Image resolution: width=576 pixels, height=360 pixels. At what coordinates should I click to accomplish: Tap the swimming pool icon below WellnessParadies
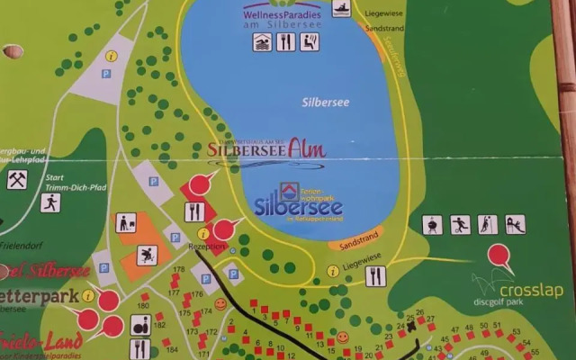[262, 42]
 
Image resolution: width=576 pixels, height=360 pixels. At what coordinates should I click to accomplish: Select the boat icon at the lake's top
[342, 9]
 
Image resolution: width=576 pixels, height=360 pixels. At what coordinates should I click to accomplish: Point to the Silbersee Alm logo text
[266, 150]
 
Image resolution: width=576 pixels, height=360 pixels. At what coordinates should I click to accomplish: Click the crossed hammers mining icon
[17, 179]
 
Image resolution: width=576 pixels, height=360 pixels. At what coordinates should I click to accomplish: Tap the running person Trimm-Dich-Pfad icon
[50, 202]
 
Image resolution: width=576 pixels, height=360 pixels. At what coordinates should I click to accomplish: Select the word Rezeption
[205, 246]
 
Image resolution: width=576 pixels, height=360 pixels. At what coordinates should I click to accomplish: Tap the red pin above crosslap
[500, 256]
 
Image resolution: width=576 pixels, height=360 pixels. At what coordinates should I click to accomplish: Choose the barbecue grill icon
[434, 224]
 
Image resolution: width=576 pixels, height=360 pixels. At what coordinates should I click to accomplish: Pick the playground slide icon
[515, 224]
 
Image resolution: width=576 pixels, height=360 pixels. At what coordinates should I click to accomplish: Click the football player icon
[461, 224]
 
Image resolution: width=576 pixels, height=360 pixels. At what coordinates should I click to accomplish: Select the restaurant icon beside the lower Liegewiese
[376, 276]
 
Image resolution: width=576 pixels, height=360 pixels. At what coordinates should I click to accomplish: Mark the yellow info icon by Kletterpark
[88, 294]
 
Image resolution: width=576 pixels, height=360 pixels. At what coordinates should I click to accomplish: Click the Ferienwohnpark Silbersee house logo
[289, 190]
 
